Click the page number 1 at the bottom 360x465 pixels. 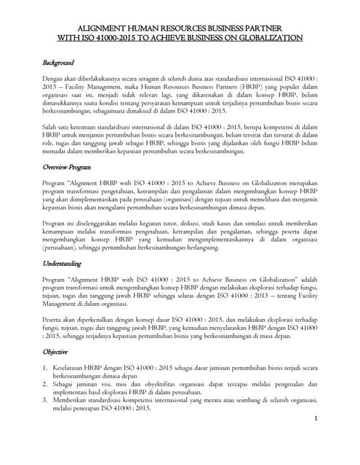[x=317, y=438]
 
